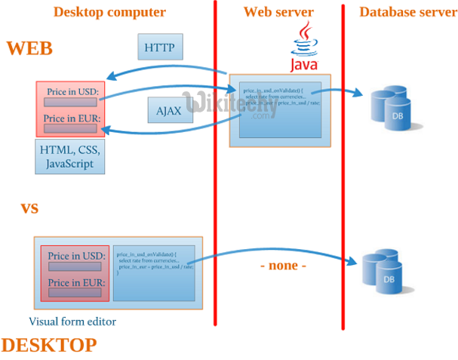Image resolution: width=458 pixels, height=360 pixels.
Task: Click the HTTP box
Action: coord(159,48)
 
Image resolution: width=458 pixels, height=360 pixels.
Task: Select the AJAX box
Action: coord(168,110)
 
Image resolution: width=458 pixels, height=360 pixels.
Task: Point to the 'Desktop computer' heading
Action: coord(109,11)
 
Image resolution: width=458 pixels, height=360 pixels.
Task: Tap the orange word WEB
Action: coord(29,48)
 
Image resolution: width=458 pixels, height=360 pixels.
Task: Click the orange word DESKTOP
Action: coord(49,345)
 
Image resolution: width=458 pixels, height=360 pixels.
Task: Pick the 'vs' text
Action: coord(29,207)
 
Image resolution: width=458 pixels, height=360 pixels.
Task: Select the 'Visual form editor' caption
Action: coord(72,321)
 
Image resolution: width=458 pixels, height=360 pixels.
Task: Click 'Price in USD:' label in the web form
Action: coord(72,92)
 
